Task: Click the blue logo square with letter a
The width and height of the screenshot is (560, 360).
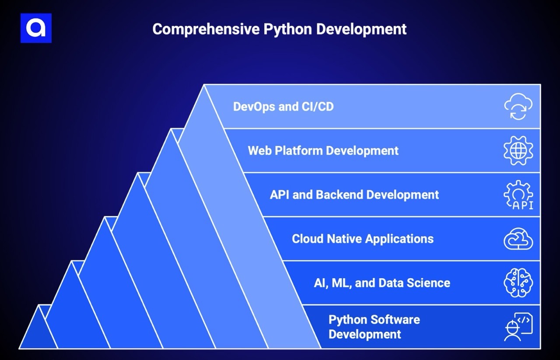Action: pos(36,28)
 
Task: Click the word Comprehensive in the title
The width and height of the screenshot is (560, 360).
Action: pos(206,29)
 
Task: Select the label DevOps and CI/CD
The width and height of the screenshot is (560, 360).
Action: pos(283,107)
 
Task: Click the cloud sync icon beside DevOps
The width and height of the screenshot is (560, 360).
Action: pos(518,107)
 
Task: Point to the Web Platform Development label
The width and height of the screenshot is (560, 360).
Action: pos(323,151)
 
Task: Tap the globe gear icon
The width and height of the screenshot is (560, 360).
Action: pos(518,151)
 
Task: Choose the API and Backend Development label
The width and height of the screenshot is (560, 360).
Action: pos(354,195)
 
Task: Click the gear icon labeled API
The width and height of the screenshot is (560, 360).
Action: pos(518,195)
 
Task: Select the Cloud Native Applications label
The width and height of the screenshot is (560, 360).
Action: pos(363,239)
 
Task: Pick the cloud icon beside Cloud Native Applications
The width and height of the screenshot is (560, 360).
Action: pos(518,239)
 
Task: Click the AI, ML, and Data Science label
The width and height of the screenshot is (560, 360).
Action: pos(382,283)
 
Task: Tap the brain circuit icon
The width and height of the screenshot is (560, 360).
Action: pos(518,283)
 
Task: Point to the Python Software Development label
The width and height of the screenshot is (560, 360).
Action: pos(374,327)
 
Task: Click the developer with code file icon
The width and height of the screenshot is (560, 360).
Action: pos(518,327)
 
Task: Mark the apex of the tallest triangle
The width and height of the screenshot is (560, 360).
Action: pos(204,86)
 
